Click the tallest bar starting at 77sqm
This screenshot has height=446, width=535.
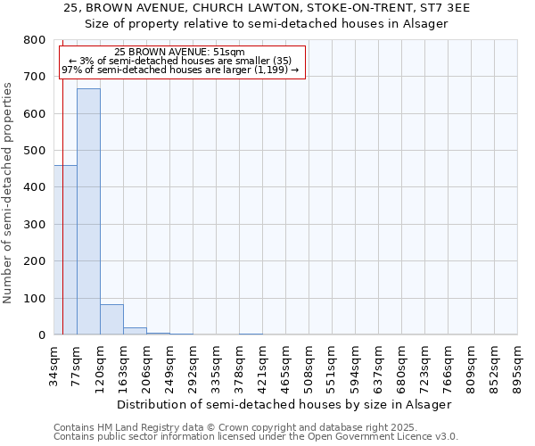[x=88, y=211]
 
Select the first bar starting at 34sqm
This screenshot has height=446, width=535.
[x=65, y=250]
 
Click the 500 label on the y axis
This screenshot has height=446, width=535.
[x=35, y=151]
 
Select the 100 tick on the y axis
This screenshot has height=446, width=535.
[x=35, y=298]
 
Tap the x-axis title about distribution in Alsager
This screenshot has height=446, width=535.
[x=284, y=404]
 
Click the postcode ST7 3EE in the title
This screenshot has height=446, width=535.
[x=447, y=8]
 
